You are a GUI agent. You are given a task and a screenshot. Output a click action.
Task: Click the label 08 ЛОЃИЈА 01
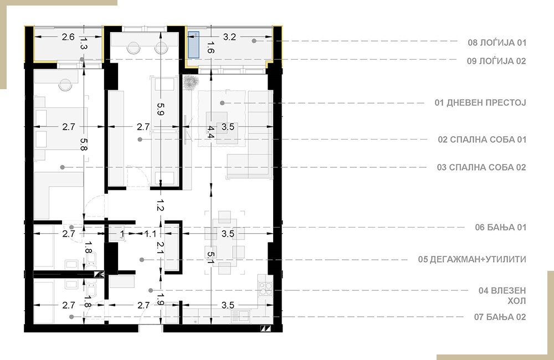[x=497, y=43]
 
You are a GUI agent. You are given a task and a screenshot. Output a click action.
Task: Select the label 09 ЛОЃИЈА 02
[x=496, y=61]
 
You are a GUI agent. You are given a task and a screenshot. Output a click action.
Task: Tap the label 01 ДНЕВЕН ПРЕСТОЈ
[x=480, y=103]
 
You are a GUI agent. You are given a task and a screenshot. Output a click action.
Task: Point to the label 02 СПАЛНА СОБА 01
[x=482, y=140]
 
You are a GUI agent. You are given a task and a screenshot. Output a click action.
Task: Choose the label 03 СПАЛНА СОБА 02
[x=481, y=167]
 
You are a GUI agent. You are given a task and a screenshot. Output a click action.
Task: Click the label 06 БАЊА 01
[x=500, y=227]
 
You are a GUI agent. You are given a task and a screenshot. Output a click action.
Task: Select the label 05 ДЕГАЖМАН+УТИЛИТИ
[x=472, y=259]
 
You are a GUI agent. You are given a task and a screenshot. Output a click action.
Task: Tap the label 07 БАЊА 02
[x=500, y=317]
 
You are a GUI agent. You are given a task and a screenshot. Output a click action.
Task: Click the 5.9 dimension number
[x=161, y=110]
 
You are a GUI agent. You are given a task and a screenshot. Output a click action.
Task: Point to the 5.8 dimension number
[x=84, y=145]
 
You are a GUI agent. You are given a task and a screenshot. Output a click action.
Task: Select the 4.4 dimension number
[x=211, y=132]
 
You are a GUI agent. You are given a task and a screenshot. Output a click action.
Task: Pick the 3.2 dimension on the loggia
[x=229, y=37]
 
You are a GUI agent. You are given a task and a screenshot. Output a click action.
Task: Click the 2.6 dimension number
[x=68, y=37]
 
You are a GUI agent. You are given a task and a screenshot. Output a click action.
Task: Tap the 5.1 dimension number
[x=211, y=258]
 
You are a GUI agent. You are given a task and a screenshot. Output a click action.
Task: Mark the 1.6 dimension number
[x=211, y=47]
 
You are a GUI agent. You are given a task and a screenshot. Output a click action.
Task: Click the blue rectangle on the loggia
[x=193, y=44]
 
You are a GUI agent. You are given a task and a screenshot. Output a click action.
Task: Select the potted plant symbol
[x=191, y=83]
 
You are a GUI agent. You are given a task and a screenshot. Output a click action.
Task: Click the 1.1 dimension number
[x=150, y=234]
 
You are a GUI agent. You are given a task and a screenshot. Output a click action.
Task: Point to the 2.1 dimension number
[x=161, y=248]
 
